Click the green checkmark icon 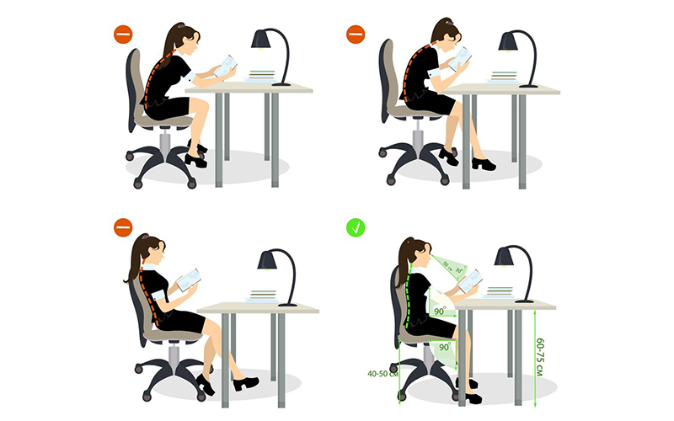[x=356, y=227]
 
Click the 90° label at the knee [x=443, y=346]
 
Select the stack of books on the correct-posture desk [x=500, y=292]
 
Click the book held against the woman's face [x=460, y=58]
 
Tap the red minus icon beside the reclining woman [x=123, y=227]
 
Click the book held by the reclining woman [x=188, y=280]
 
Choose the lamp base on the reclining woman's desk [x=287, y=303]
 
